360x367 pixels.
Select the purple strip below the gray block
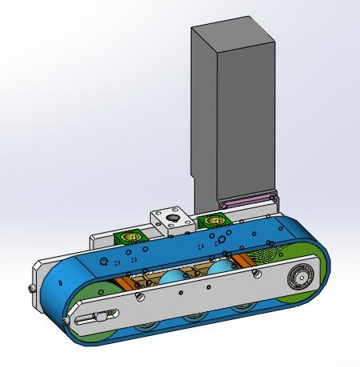(x=250, y=202)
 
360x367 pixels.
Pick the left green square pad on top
(x=129, y=237)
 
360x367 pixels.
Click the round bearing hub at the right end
(x=300, y=277)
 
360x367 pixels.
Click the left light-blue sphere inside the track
(x=172, y=281)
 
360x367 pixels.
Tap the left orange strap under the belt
(x=128, y=279)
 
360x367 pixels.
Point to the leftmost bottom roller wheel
(x=146, y=328)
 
